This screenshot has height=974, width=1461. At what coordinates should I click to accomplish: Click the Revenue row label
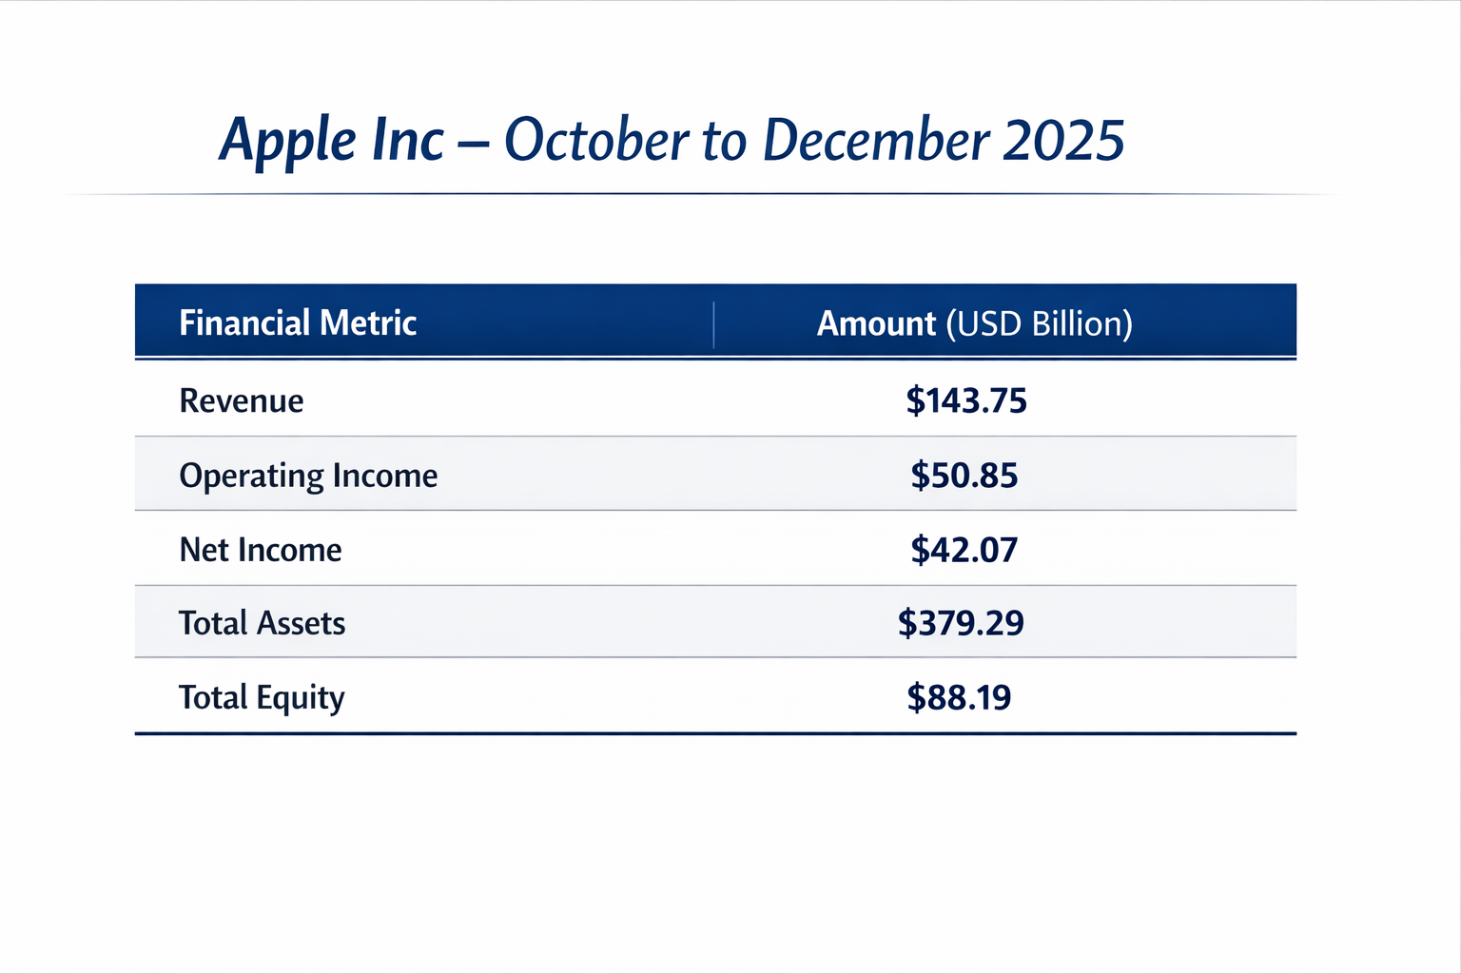[x=242, y=400]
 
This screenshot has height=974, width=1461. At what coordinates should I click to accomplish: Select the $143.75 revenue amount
[x=966, y=400]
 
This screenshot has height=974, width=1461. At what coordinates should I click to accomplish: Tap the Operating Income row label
[x=308, y=476]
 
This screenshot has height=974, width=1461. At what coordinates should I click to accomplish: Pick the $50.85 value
[x=964, y=475]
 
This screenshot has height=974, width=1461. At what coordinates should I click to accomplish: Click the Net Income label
[x=261, y=550]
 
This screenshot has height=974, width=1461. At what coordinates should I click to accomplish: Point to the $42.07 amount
[x=964, y=550]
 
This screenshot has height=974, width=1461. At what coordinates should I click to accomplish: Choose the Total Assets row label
[x=262, y=623]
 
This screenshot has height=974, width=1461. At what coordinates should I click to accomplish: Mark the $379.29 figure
[x=961, y=623]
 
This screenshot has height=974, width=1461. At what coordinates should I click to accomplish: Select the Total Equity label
[x=262, y=697]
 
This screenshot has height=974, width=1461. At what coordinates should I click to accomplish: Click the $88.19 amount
[x=959, y=697]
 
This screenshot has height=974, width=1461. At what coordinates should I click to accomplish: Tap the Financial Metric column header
[x=298, y=323]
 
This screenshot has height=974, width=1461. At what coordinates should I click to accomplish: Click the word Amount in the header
[x=876, y=323]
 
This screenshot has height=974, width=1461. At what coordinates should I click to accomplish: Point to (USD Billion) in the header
[x=1039, y=324]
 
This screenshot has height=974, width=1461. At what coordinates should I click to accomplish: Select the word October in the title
[x=596, y=140]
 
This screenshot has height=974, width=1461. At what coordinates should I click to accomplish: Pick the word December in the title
[x=876, y=140]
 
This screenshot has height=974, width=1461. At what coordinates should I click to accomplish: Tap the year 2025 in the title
[x=1063, y=141]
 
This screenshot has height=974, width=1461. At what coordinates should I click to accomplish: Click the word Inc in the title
[x=408, y=140]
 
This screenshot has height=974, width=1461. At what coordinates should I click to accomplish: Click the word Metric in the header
[x=368, y=323]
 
